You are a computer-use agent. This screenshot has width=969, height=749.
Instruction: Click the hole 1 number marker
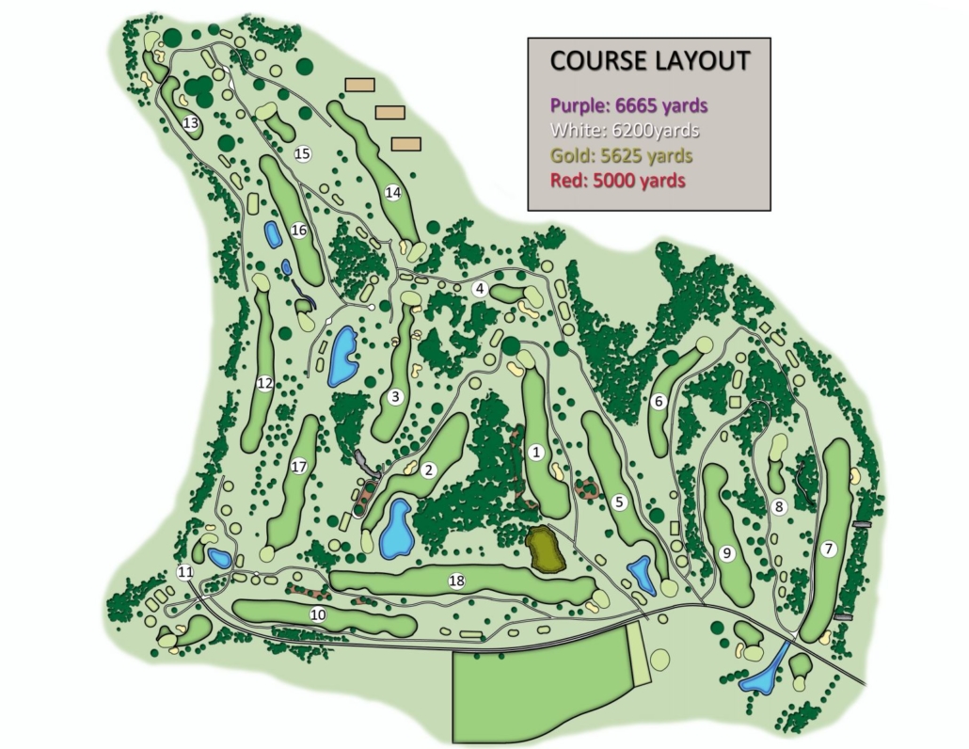537,453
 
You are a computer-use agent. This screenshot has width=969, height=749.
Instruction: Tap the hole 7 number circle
828,550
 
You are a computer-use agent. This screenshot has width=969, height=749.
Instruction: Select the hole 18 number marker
456,582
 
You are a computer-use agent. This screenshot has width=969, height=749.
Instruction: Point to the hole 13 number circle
191,123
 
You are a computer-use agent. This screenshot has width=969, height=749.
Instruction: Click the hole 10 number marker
318,615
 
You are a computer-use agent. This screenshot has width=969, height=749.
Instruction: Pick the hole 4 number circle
480,289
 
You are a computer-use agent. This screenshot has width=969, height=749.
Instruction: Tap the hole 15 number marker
302,153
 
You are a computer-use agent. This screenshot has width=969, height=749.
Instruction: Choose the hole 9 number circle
726,554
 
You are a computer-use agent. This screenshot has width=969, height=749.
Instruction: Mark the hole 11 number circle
185,572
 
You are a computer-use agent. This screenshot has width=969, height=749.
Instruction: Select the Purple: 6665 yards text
628,105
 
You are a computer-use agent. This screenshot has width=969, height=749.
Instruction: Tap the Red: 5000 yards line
617,180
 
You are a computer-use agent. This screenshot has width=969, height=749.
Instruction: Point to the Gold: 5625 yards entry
622,155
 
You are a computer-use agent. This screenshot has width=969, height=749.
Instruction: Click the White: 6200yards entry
625,130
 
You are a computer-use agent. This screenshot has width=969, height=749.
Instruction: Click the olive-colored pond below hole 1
544,550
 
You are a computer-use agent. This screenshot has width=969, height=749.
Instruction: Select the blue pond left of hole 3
342,356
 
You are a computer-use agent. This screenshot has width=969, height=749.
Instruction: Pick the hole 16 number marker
299,230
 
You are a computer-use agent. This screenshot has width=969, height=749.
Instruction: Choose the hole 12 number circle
264,383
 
